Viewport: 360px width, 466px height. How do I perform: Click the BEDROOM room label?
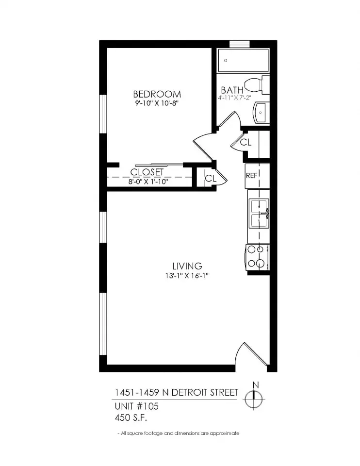pyautogui.click(x=157, y=94)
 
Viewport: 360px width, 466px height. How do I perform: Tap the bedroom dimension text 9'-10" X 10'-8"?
pyautogui.click(x=157, y=103)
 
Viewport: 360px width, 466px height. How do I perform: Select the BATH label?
pyautogui.click(x=232, y=90)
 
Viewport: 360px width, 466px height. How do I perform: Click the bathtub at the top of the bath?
pyautogui.click(x=243, y=61)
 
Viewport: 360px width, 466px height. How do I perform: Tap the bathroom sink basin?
pyautogui.click(x=261, y=113)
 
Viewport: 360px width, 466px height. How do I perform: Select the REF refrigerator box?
pyautogui.click(x=257, y=176)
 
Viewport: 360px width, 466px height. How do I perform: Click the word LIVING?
pyautogui.click(x=187, y=266)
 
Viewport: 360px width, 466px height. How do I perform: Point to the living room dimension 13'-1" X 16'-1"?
pyautogui.click(x=187, y=276)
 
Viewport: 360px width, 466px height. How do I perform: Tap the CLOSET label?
pyautogui.click(x=147, y=172)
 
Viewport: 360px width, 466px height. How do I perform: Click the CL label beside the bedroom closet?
pyautogui.click(x=210, y=178)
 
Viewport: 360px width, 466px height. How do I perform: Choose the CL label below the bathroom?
pyautogui.click(x=246, y=143)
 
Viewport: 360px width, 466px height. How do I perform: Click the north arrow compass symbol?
pyautogui.click(x=254, y=399)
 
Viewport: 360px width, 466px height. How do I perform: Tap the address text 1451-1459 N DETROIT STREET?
pyautogui.click(x=176, y=392)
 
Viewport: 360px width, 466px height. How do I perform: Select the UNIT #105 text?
pyautogui.click(x=136, y=406)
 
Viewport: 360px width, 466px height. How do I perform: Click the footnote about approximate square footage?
pyautogui.click(x=178, y=433)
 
